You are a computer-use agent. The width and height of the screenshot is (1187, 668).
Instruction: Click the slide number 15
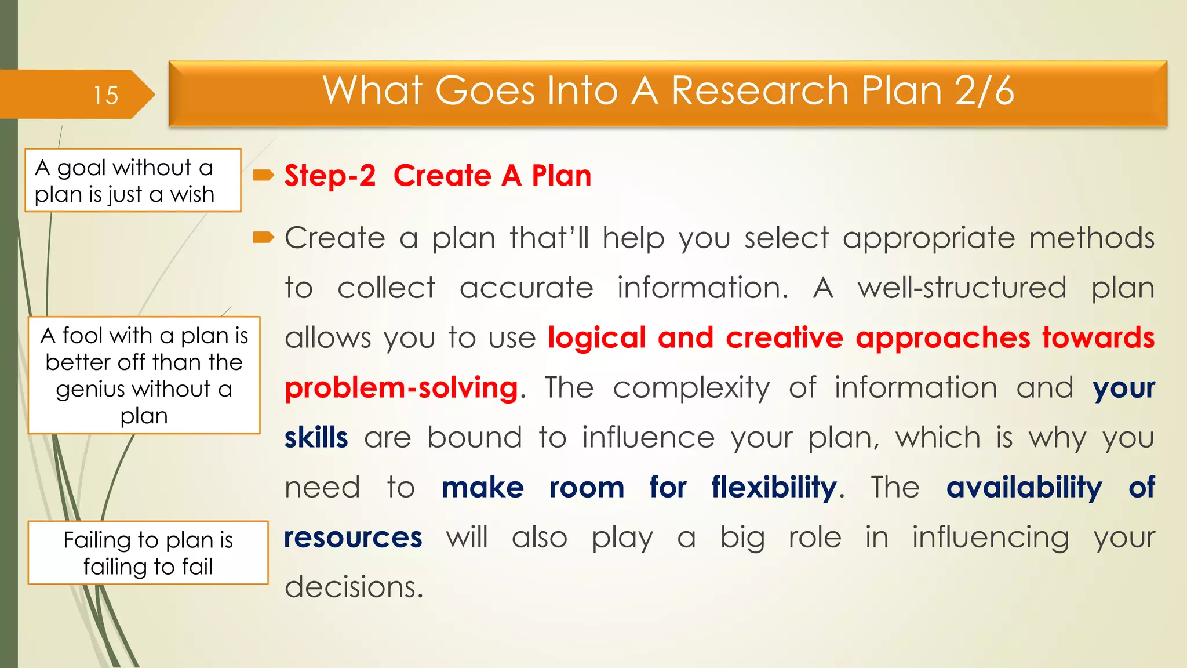pyautogui.click(x=105, y=95)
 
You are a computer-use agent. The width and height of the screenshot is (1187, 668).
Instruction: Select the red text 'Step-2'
pyautogui.click(x=330, y=176)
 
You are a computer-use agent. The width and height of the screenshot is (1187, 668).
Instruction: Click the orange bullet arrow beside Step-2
pyautogui.click(x=264, y=175)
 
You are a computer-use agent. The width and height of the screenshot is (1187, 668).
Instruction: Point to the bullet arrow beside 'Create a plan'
pyautogui.click(x=264, y=237)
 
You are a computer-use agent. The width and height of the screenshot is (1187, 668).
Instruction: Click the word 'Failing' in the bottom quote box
pyautogui.click(x=97, y=540)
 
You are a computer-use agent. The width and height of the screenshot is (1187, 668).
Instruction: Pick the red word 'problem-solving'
pyautogui.click(x=401, y=387)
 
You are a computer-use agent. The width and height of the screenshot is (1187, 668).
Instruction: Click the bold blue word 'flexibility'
pyautogui.click(x=774, y=487)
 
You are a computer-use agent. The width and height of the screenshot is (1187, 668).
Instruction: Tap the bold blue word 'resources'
pyautogui.click(x=353, y=537)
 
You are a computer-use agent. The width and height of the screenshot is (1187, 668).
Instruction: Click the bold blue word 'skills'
pyautogui.click(x=316, y=437)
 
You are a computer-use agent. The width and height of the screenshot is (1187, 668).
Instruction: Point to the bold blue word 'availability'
pyautogui.click(x=1024, y=487)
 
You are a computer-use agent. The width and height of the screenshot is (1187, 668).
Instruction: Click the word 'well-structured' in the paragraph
pyautogui.click(x=962, y=288)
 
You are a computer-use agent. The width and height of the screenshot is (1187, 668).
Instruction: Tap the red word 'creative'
pyautogui.click(x=784, y=337)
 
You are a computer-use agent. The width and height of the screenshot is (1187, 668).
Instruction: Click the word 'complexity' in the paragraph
pyautogui.click(x=691, y=387)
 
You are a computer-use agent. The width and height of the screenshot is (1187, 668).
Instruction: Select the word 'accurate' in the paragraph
pyautogui.click(x=526, y=288)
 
